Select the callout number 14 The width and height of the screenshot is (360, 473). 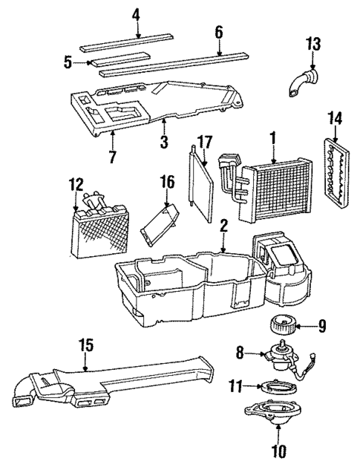pyautogui.click(x=336, y=118)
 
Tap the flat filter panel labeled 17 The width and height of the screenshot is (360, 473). pyautogui.click(x=201, y=183)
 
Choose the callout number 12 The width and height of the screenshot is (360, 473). pyautogui.click(x=74, y=183)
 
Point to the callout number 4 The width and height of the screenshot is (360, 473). pyautogui.click(x=136, y=13)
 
